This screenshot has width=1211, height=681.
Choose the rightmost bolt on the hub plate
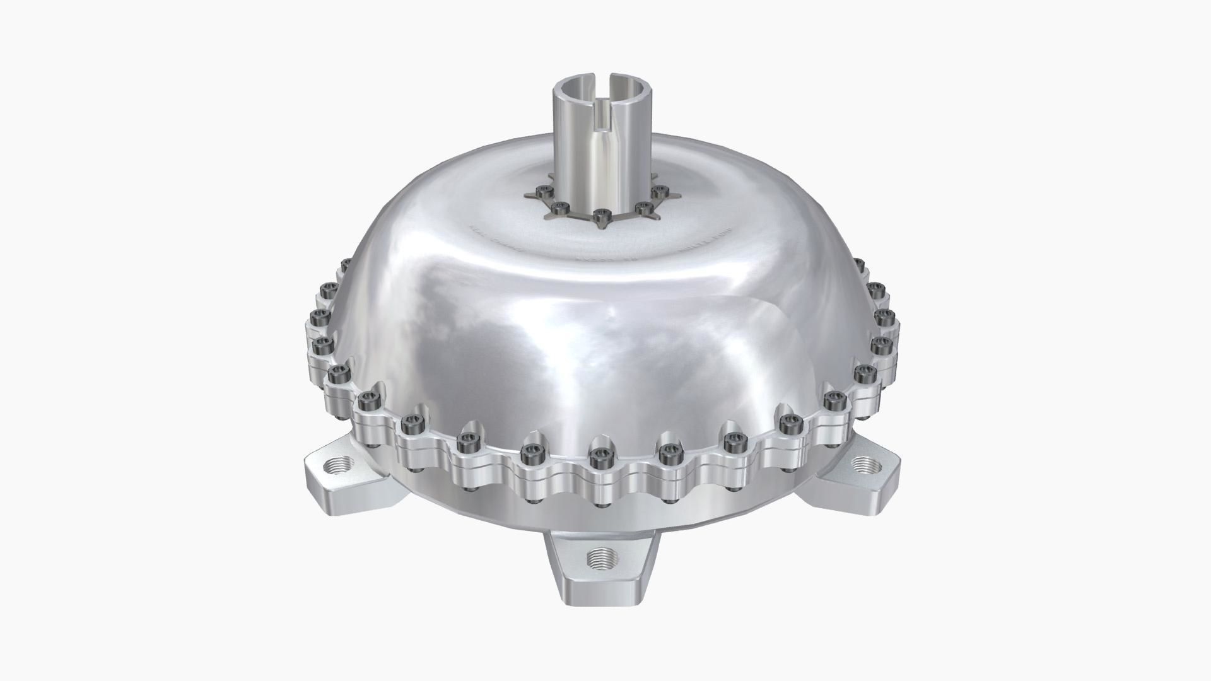pos(659,191)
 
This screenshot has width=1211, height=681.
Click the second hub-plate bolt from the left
pos(559,207)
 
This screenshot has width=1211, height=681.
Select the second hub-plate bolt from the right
pos(643,207)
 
